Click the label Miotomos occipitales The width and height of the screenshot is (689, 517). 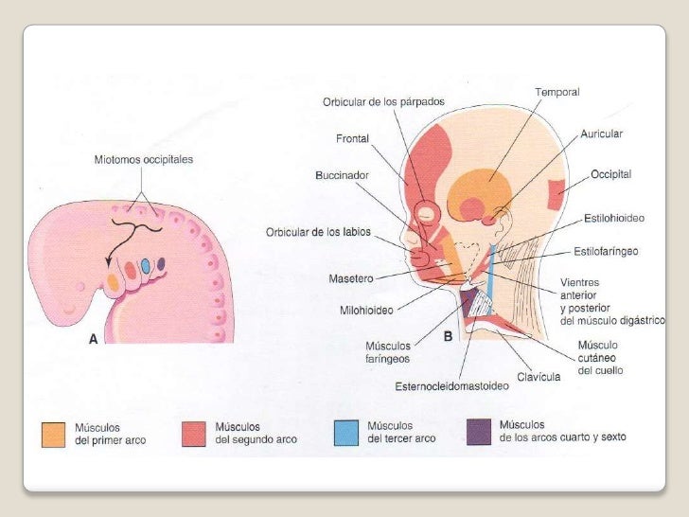[x=143, y=160]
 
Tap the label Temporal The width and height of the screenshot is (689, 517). [x=556, y=92]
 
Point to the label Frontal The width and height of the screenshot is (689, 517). [x=352, y=138]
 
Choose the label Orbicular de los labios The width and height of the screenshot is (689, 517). [x=318, y=232]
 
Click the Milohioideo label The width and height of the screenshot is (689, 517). [x=366, y=309]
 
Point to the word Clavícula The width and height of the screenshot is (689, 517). [x=539, y=376]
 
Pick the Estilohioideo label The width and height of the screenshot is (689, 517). [x=613, y=219]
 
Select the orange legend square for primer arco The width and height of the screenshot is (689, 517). [x=54, y=434]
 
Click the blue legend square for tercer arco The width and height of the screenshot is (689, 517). [x=346, y=433]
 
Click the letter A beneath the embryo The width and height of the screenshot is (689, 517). [x=94, y=346]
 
